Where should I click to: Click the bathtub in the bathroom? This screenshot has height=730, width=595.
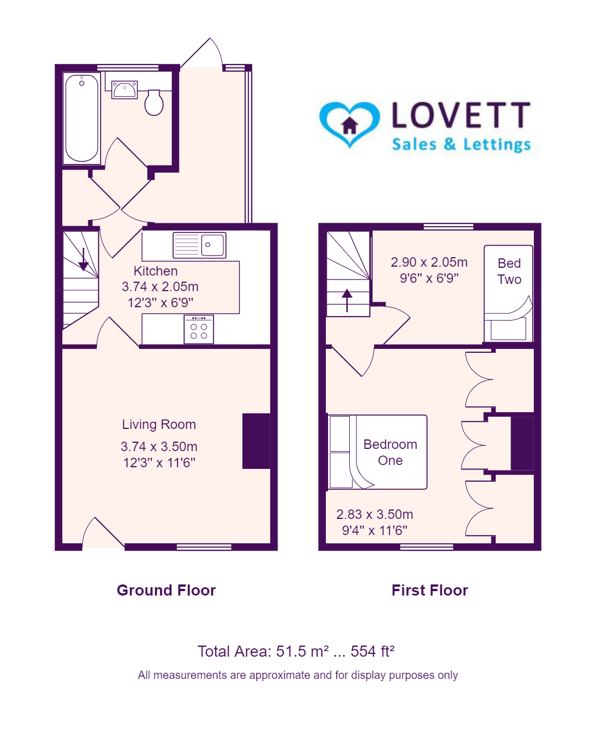pos(82,118)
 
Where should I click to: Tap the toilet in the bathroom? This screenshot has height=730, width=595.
pos(154,102)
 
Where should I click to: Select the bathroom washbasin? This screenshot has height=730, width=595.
pos(125,90)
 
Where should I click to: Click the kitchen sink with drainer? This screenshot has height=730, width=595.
pos(200,245)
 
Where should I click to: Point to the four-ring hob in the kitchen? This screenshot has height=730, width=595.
pos(199,329)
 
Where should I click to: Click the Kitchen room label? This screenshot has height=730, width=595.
pos(156,271)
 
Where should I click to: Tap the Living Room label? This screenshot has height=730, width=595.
pos(159,424)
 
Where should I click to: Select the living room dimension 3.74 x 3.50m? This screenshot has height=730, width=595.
pos(159,447)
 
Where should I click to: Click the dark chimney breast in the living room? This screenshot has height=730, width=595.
pos(256,441)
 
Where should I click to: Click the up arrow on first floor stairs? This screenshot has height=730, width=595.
pos(347,301)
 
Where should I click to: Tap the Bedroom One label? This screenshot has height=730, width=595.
pos(390,452)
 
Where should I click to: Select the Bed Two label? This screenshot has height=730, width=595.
pos(509,271)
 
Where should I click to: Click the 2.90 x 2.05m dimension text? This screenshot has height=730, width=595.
pos(429,262)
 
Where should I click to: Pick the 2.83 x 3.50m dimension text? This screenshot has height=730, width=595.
pos(375,514)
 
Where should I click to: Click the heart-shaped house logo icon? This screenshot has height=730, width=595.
pos(349,124)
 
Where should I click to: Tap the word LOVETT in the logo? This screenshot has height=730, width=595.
pos(461,115)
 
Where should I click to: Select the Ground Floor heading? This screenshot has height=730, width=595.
pos(166,591)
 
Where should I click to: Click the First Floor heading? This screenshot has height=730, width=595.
pos(430,591)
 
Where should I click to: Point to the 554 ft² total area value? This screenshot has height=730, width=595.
pos(373,651)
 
